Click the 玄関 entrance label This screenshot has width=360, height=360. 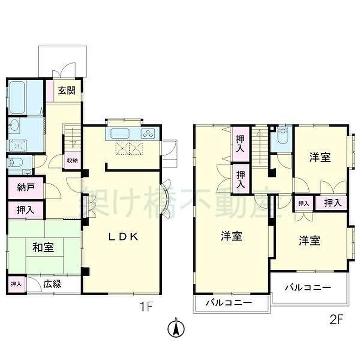66,90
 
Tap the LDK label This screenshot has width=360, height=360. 123,237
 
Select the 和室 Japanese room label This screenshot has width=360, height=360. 43,247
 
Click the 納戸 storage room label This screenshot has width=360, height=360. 26,187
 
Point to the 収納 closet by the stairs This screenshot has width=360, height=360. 72,160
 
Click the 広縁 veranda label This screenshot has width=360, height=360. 52,284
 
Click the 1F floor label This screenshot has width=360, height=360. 146,307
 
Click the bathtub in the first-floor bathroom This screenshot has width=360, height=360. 18,98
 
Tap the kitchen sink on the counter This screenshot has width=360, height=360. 120,133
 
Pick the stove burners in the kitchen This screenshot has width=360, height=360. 147,134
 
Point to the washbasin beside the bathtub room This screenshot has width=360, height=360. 14,125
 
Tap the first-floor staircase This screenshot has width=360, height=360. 72,137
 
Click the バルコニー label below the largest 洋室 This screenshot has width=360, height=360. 229,303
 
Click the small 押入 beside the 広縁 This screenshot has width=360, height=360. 16,284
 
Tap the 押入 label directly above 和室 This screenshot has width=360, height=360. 25,210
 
